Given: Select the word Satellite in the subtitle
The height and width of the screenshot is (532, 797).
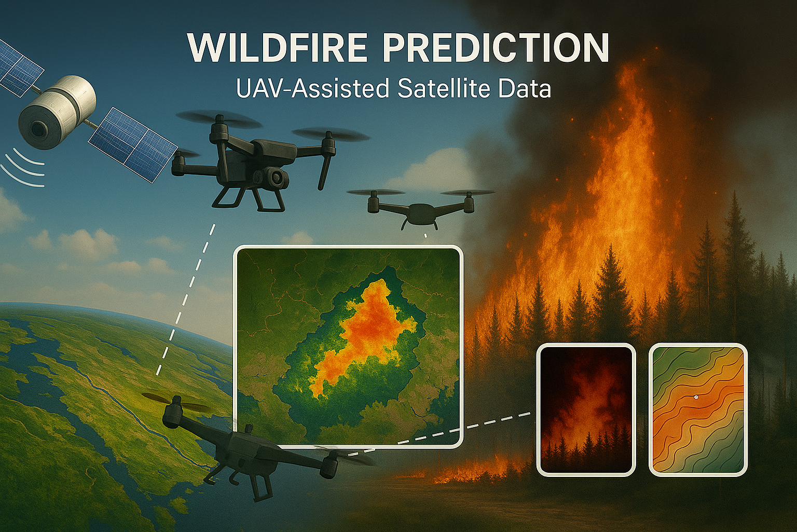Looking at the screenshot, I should [444, 88].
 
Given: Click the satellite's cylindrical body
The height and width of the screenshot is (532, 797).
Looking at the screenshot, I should [57, 112].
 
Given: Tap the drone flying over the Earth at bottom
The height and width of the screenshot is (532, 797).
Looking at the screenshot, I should [249, 452].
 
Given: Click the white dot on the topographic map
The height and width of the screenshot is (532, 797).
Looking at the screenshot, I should [696, 397].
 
